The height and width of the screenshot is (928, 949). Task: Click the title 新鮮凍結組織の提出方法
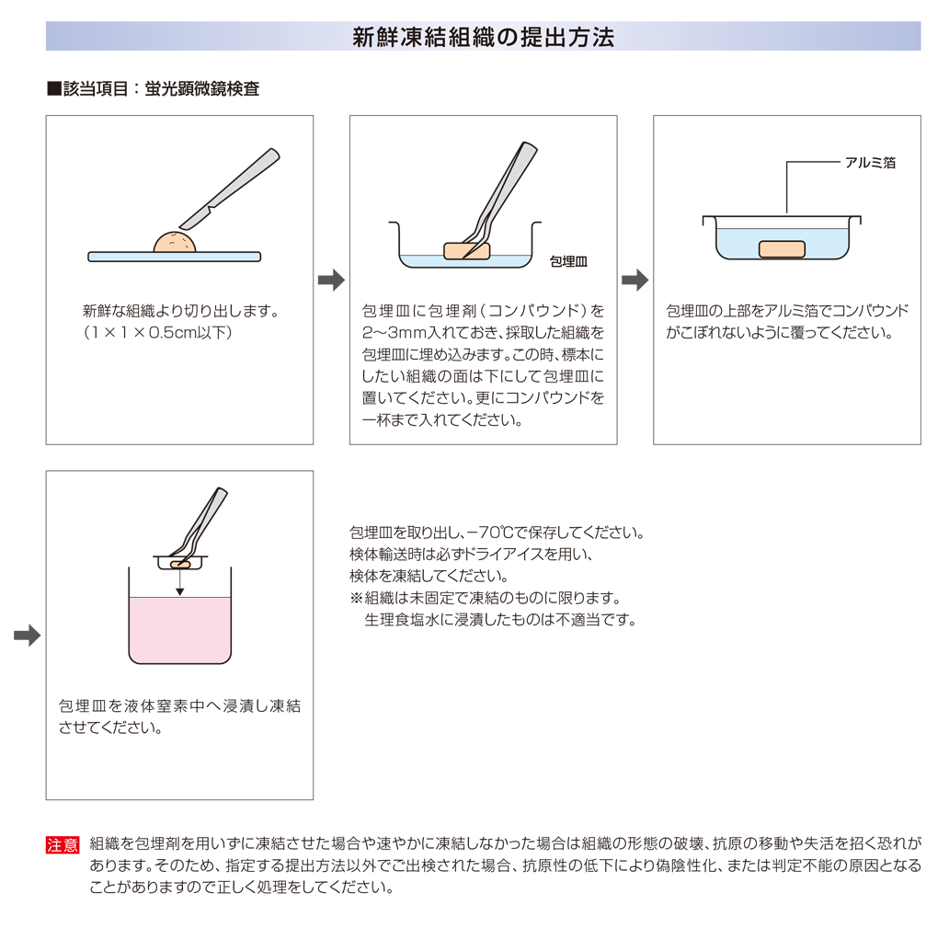pos(483,37)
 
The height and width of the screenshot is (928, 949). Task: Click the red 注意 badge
pos(63,844)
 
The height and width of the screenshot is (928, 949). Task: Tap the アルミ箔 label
pos(870,162)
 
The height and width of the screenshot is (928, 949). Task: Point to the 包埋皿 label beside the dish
pos(568,261)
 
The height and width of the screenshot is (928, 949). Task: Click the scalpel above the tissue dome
pos(230,189)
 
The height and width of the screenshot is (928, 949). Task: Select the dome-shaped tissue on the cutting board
pos(175,242)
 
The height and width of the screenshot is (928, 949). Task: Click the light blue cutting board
pos(175,257)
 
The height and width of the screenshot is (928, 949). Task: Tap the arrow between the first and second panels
pos(331,280)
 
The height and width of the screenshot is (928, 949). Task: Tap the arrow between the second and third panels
pos(635,280)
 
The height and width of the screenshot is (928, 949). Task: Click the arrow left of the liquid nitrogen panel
pos(28,635)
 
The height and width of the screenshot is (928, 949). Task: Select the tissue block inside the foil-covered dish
pos(782,249)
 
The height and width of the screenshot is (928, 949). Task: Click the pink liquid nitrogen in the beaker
pos(179,630)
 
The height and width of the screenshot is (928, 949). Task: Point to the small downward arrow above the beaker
pos(179,583)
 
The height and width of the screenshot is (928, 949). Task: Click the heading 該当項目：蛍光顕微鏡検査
pos(161,89)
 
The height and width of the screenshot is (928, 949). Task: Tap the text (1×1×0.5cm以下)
pos(157,332)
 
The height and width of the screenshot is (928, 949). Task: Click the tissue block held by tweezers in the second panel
pos(466,250)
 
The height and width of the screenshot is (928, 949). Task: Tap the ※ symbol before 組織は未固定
pos(356,598)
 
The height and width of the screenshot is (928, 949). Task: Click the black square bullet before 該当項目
pos(54,89)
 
